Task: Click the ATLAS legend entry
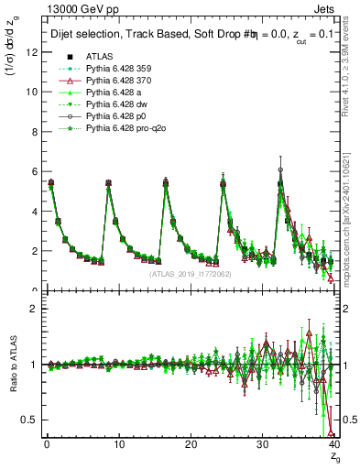click(99, 56)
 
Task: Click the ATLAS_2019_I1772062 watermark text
click(189, 273)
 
